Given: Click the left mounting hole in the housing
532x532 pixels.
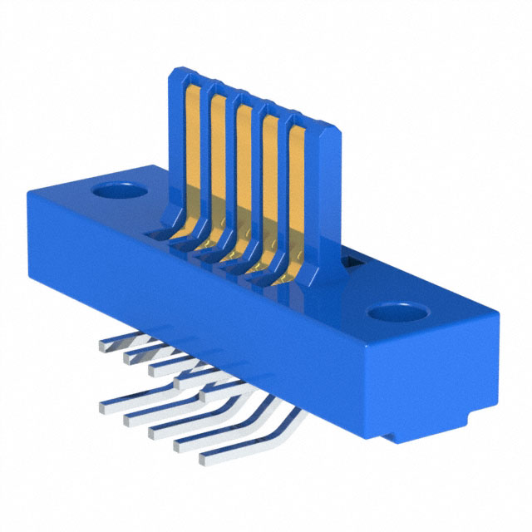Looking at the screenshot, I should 119,191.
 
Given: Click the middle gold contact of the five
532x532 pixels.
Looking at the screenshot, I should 244,170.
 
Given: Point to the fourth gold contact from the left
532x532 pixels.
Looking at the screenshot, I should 271,183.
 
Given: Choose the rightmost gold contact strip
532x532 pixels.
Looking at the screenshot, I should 296,195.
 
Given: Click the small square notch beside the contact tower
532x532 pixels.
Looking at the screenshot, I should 350,264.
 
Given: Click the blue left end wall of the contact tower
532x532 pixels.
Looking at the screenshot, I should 174,141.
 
